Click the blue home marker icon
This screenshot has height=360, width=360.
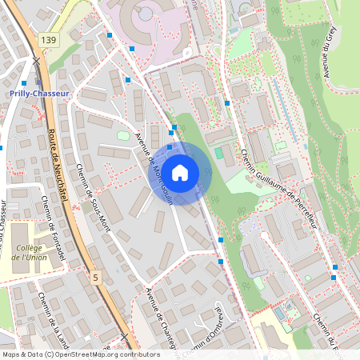coord(180,172)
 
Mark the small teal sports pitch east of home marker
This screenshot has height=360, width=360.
coord(219,153)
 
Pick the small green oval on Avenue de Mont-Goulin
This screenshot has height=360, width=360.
coord(123,135)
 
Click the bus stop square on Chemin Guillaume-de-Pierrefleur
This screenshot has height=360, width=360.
coord(227,102)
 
